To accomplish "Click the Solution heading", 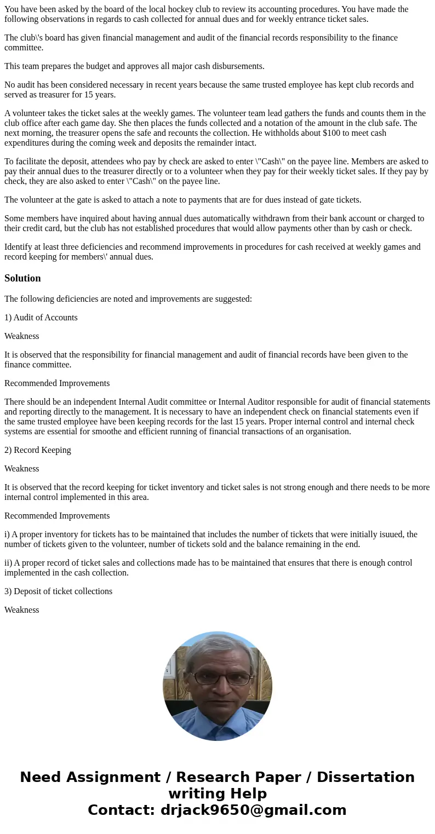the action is [x=22, y=278].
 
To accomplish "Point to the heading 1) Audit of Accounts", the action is [x=41, y=318].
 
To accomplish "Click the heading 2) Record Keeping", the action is [x=38, y=450].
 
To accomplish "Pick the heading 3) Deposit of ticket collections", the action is [x=58, y=591].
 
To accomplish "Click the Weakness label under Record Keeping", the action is [x=22, y=469].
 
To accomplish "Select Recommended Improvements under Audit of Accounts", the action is [x=57, y=383].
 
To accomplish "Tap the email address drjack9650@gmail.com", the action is [x=253, y=810].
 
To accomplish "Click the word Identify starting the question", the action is [x=20, y=247].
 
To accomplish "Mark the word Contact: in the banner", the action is [x=121, y=810].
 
